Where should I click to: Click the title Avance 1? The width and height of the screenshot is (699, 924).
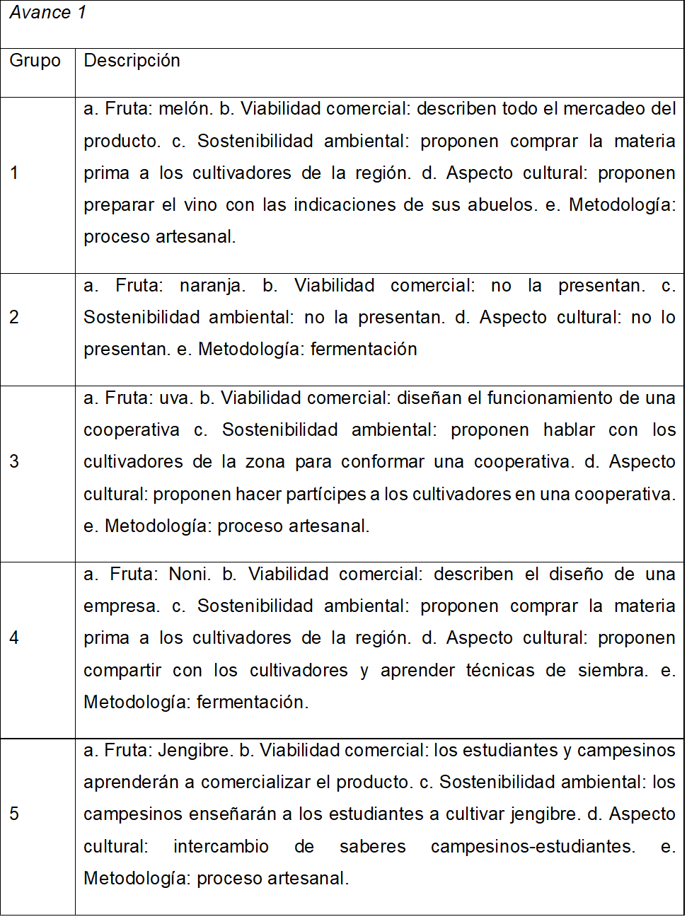coord(47,13)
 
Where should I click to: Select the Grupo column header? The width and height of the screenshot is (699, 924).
coord(35,61)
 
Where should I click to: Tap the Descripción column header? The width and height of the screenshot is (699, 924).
coord(132,61)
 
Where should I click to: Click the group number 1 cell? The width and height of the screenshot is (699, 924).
coord(14,173)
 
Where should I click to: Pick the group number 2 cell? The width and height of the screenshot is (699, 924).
coord(14,318)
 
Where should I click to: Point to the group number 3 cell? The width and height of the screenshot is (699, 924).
coord(14,462)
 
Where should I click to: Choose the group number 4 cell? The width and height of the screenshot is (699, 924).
coord(14,638)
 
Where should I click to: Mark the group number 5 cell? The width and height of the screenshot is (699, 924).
coord(14,814)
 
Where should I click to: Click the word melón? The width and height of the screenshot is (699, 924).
coord(185,109)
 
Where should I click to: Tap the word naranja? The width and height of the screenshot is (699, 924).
coord(212,286)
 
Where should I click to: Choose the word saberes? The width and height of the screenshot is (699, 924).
coord(373,847)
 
